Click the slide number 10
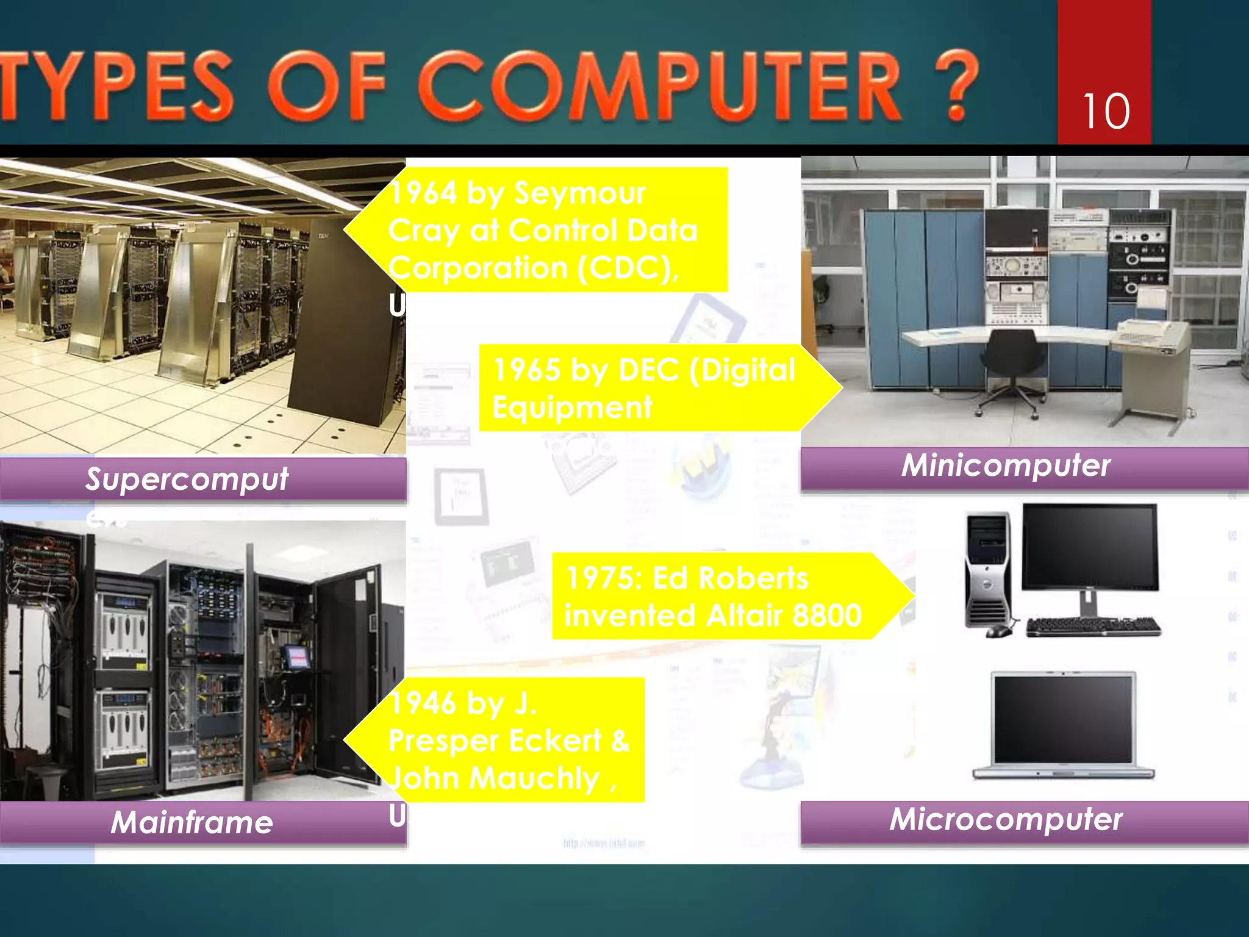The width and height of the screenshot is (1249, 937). (x=1106, y=112)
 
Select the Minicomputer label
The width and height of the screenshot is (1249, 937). (x=1006, y=466)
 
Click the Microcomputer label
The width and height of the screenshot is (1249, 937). (x=1006, y=819)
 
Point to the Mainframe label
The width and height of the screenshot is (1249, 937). (x=192, y=822)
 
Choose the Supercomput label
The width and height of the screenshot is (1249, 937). (x=187, y=479)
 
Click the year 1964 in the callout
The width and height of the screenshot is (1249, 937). (x=423, y=193)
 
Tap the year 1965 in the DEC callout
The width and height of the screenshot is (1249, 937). (x=527, y=370)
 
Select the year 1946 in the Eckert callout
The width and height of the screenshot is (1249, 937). (x=423, y=703)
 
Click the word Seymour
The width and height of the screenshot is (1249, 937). (x=579, y=193)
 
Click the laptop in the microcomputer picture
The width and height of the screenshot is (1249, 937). (x=1064, y=726)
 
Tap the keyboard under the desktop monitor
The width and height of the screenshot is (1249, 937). (x=1093, y=626)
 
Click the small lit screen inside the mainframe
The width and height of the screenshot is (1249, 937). (x=297, y=657)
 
